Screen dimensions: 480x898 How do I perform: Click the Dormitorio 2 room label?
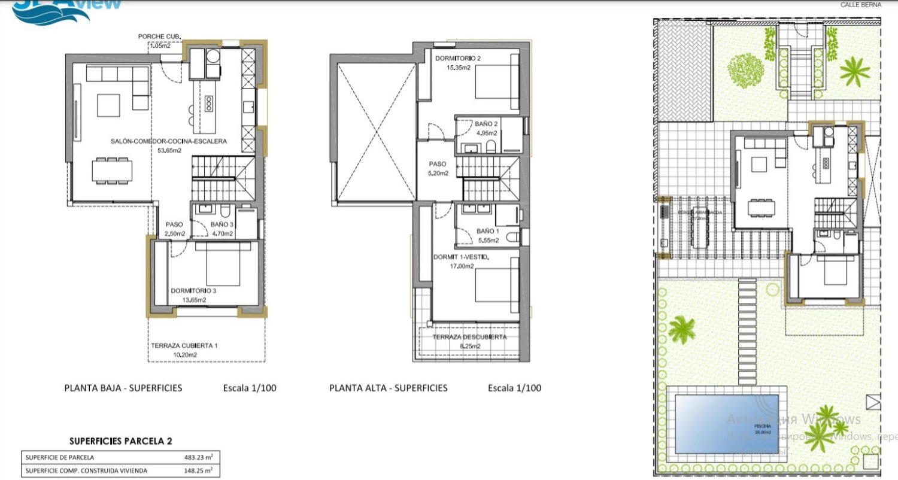[x=458, y=59]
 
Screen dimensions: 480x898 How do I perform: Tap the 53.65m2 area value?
[x=169, y=151]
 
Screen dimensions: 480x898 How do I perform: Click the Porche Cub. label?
[x=156, y=36]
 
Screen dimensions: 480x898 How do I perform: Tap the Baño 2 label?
[x=487, y=124]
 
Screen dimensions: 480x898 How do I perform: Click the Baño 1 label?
[x=488, y=230]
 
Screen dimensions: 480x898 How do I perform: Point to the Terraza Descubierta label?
[x=469, y=337]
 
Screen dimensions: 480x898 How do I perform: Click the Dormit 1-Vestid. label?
[x=461, y=257]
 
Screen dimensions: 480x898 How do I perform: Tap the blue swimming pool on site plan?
[x=726, y=423]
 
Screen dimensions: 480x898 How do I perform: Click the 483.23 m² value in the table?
[x=199, y=457]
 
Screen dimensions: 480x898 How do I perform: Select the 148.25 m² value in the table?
[x=199, y=470]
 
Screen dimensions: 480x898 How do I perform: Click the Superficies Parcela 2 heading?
[x=121, y=441]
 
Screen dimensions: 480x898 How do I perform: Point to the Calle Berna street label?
[x=861, y=4]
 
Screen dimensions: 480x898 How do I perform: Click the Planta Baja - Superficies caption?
[x=123, y=388]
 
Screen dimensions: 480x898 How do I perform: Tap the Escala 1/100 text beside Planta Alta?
[x=514, y=388]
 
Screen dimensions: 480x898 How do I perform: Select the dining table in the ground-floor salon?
[x=112, y=170]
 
